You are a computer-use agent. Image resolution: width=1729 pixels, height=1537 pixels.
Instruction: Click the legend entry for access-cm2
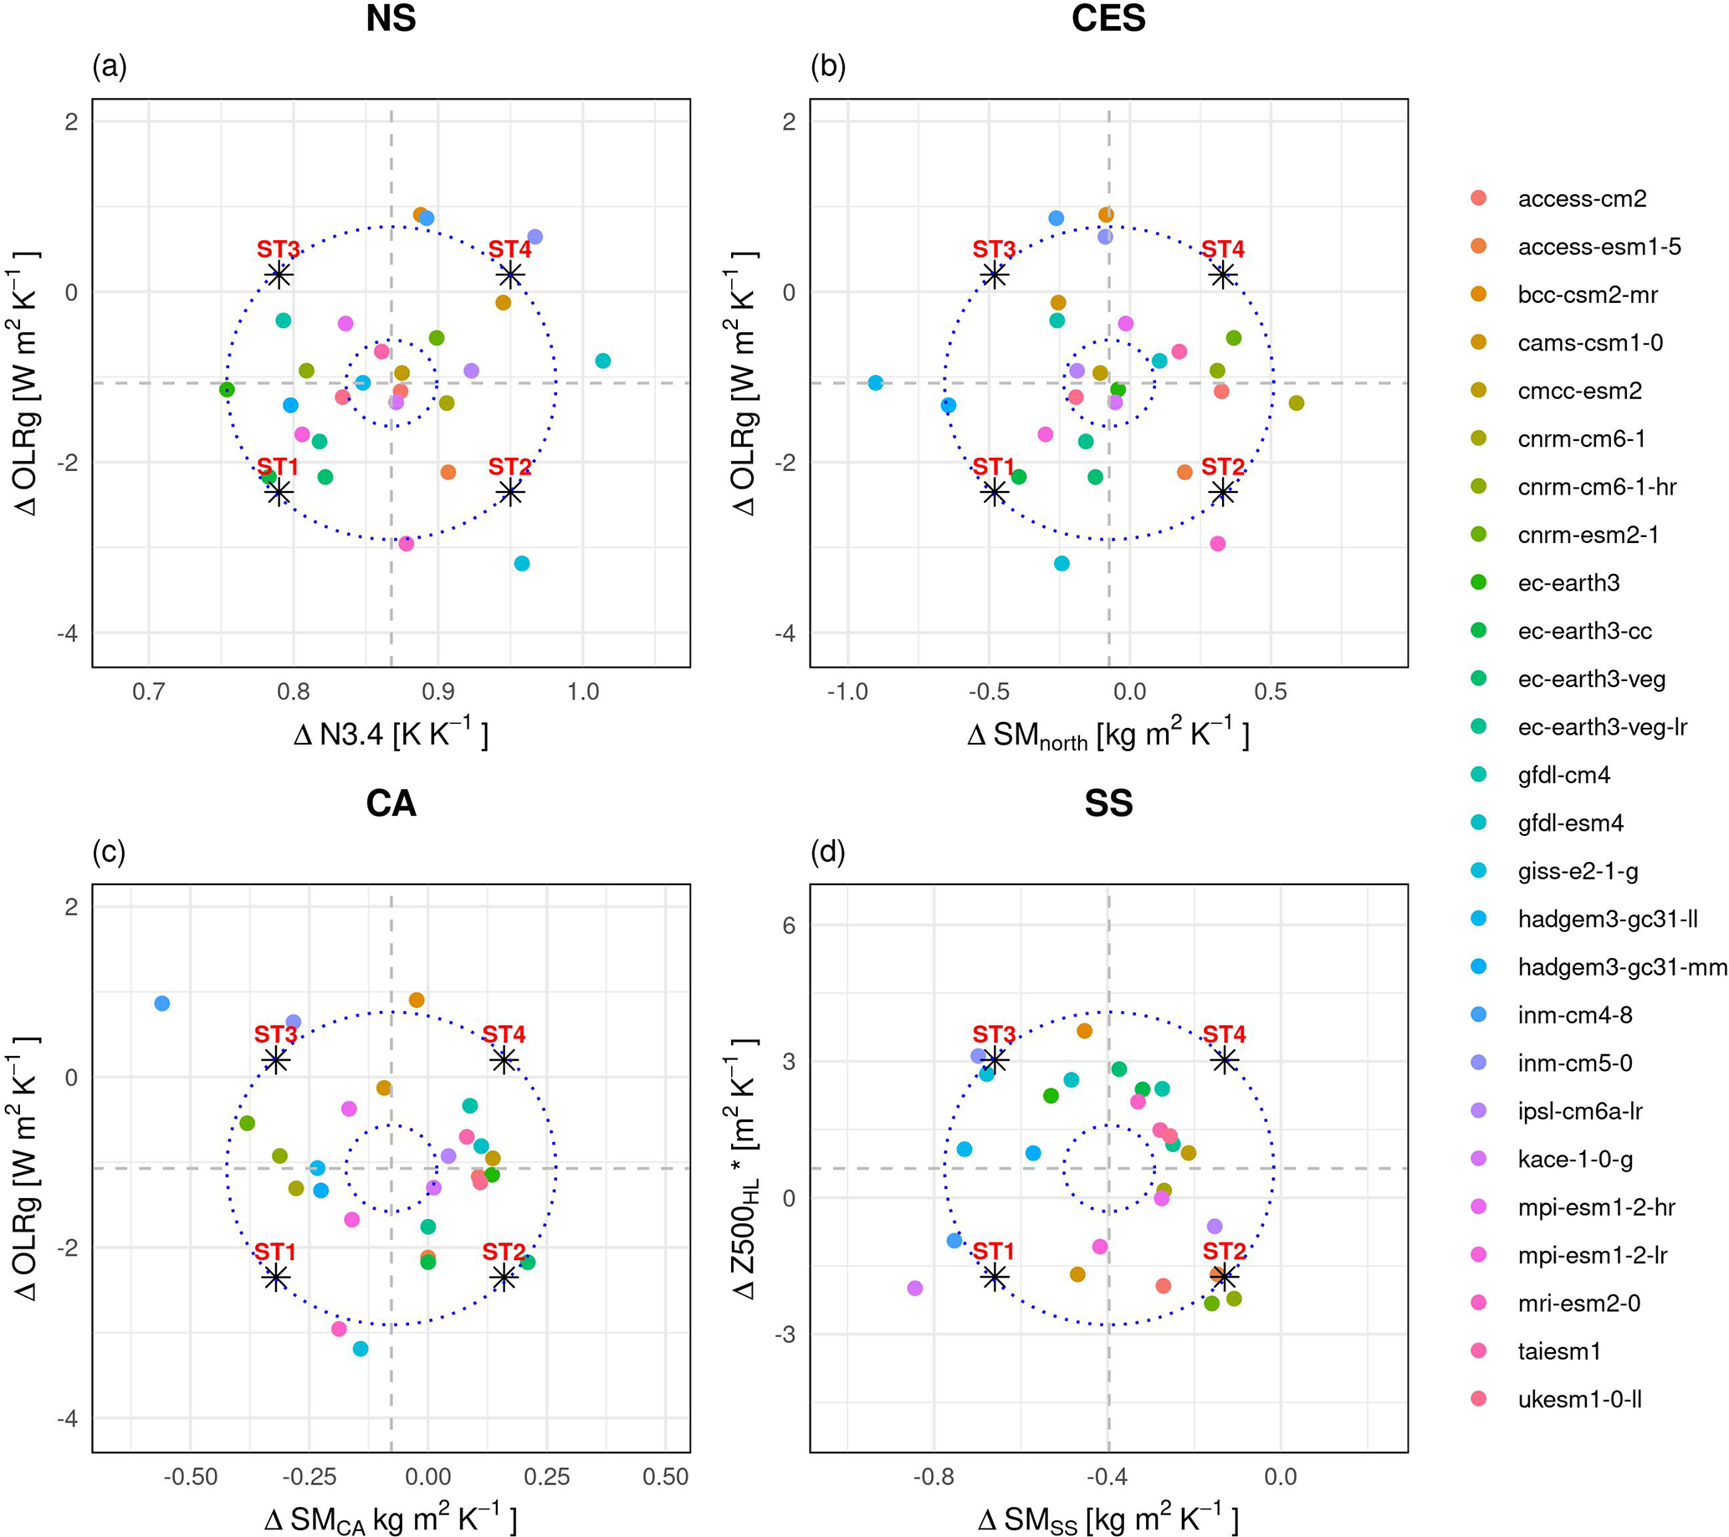click(1581, 199)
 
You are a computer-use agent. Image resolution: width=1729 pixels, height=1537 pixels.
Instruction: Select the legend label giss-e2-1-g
click(1577, 871)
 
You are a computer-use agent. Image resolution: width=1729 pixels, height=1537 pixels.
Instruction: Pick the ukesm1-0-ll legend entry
click(1578, 1400)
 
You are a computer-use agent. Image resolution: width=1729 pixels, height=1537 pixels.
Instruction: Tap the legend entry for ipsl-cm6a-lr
click(1579, 1111)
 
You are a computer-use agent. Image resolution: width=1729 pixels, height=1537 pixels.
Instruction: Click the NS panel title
click(391, 18)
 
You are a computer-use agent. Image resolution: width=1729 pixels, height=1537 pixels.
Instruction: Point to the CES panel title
click(1108, 18)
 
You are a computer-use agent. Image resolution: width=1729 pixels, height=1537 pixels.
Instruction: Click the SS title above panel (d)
click(1108, 803)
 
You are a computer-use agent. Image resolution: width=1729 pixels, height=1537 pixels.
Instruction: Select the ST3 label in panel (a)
click(279, 249)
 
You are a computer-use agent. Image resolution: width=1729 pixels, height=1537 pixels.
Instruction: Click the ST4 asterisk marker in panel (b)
click(1222, 275)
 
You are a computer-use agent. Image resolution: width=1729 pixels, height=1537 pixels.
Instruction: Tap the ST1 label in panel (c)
click(276, 1252)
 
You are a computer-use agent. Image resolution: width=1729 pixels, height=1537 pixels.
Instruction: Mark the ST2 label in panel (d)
click(1224, 1251)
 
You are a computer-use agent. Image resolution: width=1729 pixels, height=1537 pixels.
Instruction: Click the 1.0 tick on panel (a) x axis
click(583, 692)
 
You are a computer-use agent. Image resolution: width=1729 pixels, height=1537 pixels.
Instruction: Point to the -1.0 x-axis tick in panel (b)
click(847, 692)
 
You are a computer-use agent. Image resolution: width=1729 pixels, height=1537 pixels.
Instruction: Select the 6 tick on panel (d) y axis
click(789, 925)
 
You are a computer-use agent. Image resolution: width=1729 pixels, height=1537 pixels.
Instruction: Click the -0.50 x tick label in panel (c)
click(191, 1477)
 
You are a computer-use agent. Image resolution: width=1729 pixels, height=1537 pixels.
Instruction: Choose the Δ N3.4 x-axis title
click(391, 735)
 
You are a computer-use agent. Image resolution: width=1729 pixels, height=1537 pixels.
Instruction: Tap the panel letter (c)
click(109, 852)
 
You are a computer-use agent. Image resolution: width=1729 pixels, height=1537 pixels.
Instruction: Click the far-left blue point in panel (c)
click(161, 1003)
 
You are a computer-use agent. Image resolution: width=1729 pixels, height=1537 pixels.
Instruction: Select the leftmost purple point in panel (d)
click(914, 1289)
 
